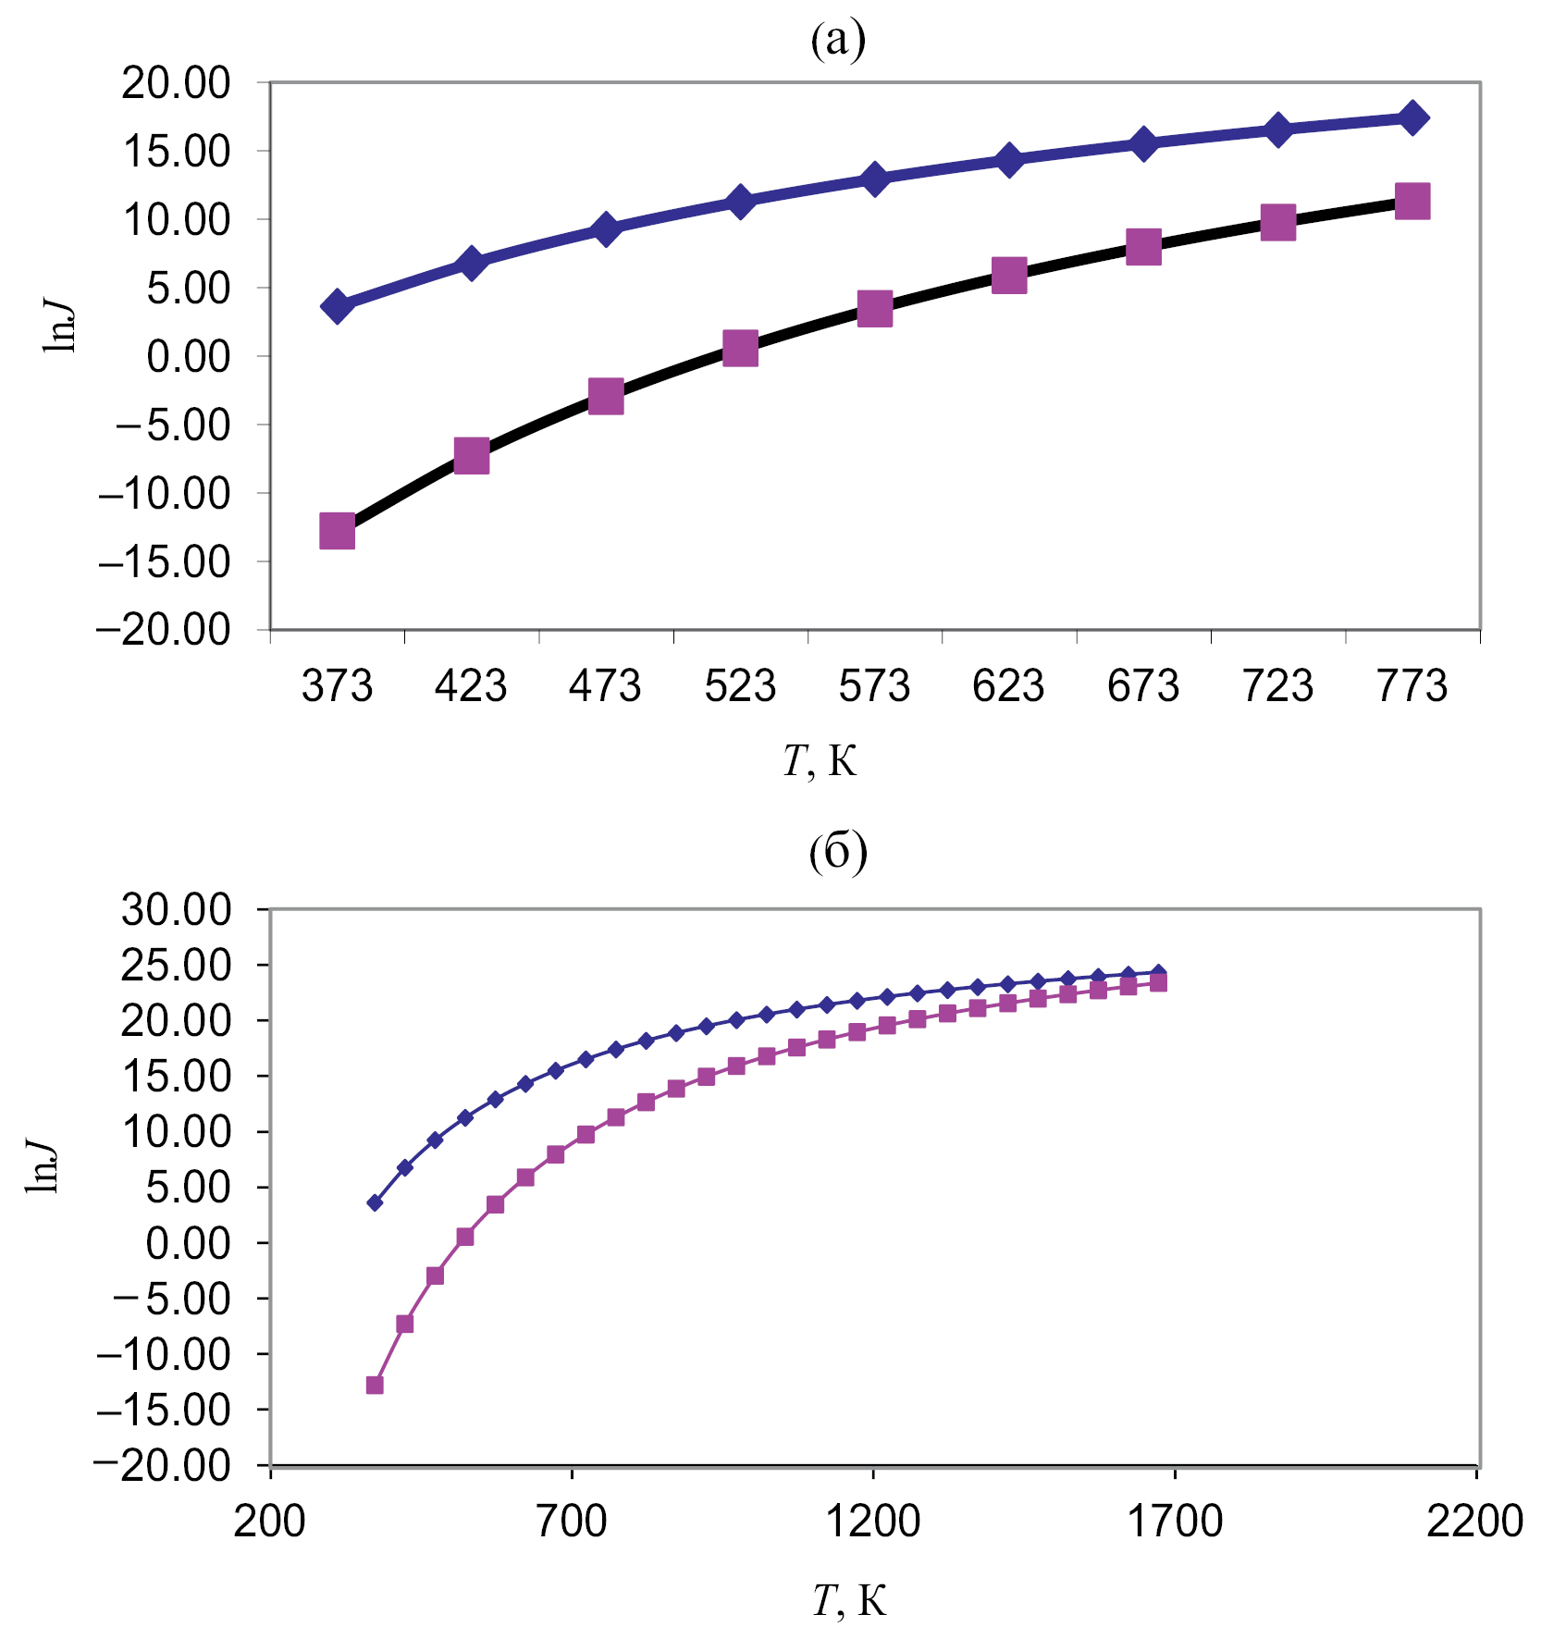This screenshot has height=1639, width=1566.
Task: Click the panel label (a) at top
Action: click(x=838, y=40)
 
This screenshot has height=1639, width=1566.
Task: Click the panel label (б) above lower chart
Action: click(x=838, y=852)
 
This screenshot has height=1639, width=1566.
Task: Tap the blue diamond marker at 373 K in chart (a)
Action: click(x=337, y=306)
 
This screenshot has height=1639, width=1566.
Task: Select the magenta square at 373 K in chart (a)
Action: click(x=337, y=531)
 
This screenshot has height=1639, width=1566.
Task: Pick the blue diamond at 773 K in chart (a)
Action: click(x=1412, y=118)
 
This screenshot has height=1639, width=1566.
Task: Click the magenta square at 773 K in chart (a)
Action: click(x=1412, y=201)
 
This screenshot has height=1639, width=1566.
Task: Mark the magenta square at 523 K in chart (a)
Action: click(x=740, y=349)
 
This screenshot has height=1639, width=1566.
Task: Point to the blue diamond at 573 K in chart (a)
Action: click(x=875, y=178)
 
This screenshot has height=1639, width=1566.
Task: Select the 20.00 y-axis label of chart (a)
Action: click(x=177, y=83)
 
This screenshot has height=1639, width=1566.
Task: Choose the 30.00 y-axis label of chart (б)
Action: click(x=177, y=910)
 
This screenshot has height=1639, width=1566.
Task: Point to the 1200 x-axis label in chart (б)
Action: click(x=873, y=1521)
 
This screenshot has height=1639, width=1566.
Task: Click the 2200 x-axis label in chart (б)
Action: click(x=1475, y=1521)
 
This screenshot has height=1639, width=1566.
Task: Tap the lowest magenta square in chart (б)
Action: click(x=375, y=1385)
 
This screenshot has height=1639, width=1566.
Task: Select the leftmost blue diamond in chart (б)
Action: click(x=375, y=1202)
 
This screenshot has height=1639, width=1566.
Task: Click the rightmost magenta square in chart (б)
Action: click(x=1158, y=983)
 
